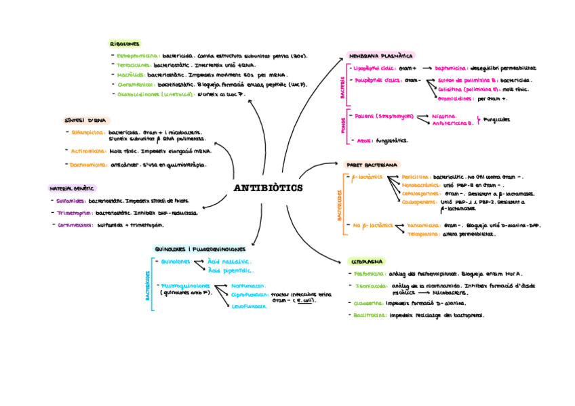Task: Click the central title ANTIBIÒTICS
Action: click(268, 188)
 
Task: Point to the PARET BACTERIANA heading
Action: click(372, 165)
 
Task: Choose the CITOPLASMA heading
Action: click(367, 261)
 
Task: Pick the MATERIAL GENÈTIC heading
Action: click(72, 188)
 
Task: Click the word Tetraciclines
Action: click(134, 66)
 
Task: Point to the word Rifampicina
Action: click(88, 132)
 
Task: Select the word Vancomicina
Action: click(425, 226)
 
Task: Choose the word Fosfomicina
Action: click(370, 274)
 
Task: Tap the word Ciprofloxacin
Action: click(249, 295)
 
